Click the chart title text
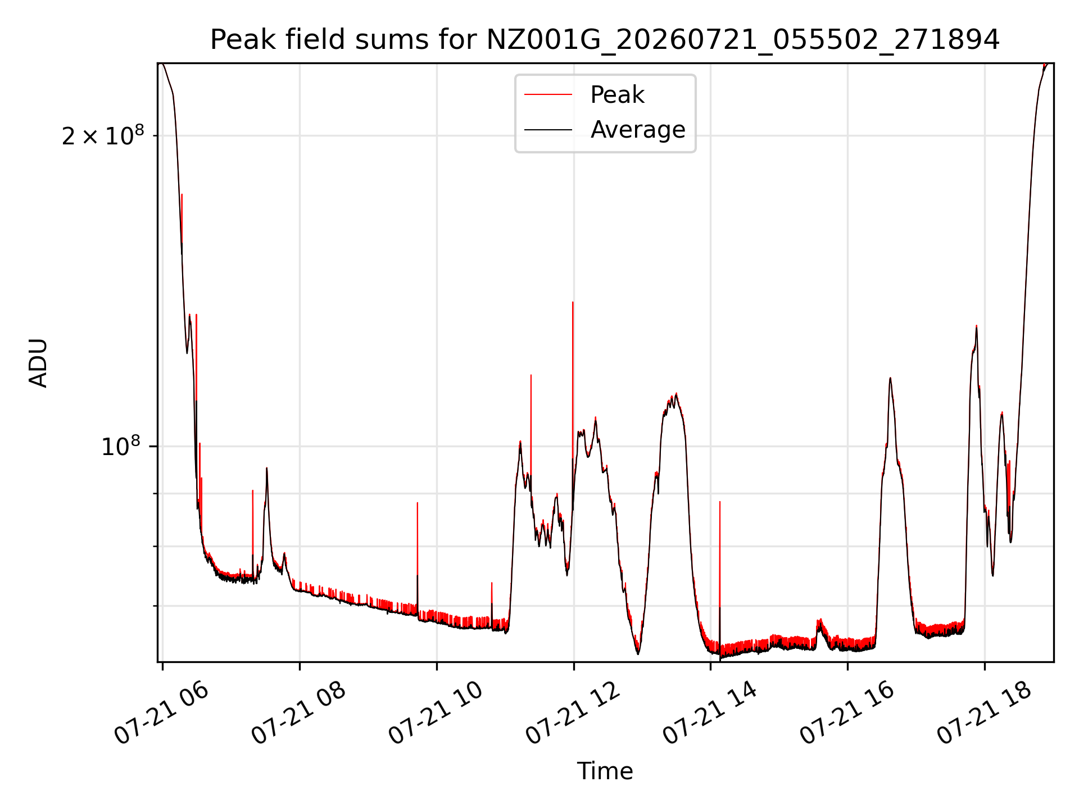605,40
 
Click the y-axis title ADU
38,363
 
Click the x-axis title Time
605,771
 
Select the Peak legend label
617,95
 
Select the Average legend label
638,130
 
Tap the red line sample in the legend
548,95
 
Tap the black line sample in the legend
548,130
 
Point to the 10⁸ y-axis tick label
121,446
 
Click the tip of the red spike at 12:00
573,302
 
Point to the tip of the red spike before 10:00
418,503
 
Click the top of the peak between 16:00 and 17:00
890,378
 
